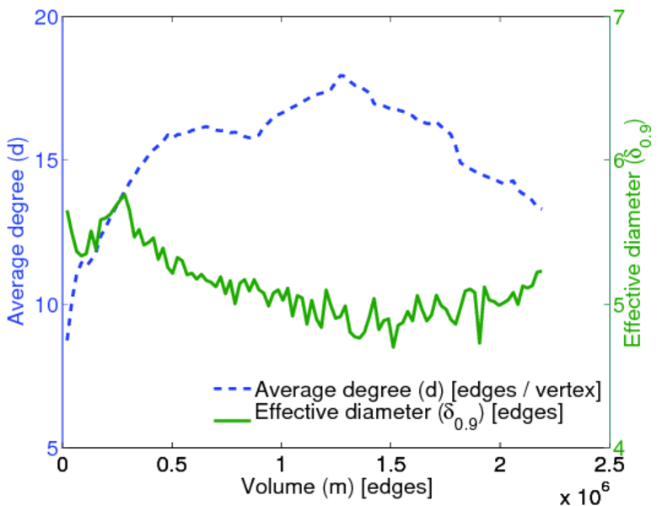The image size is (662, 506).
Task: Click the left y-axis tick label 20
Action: (43, 17)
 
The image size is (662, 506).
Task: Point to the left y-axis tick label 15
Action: (43, 160)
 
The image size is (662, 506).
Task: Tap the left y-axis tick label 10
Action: (43, 304)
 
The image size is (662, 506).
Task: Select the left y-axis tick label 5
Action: (49, 447)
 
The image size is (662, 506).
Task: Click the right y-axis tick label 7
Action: (628, 17)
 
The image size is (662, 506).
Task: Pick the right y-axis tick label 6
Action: (628, 160)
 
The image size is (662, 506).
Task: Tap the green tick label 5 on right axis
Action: (628, 304)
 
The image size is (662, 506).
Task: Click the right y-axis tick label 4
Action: (628, 447)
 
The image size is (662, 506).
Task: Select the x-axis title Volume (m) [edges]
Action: (337, 487)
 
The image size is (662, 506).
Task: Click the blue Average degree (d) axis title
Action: (16, 232)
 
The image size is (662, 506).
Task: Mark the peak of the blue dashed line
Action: (342, 75)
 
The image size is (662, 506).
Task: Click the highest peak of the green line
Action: (124, 194)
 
